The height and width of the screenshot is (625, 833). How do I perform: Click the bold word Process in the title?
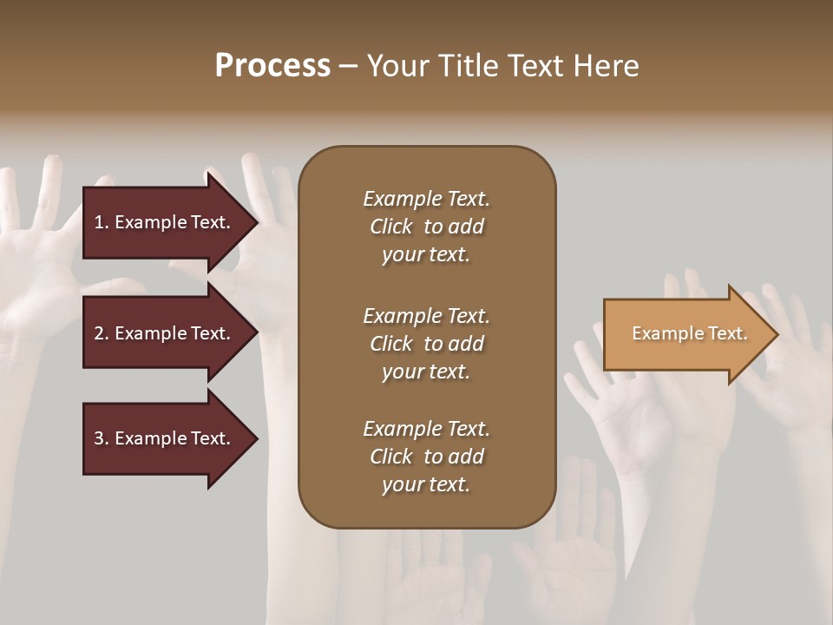point(272,66)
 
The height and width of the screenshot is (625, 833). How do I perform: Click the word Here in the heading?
point(606,66)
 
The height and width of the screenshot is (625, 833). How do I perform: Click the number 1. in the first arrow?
point(102,222)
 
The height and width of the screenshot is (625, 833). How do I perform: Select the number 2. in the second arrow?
point(102,333)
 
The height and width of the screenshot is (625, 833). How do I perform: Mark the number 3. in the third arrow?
point(102,438)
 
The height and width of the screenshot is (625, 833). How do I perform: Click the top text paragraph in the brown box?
point(426,227)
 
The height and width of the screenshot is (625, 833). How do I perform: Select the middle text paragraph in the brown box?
point(426,344)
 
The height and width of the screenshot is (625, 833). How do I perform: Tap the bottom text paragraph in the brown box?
point(426,457)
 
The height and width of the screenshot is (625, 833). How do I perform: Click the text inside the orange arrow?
point(689,333)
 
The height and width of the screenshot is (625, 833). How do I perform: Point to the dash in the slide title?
point(348,67)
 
